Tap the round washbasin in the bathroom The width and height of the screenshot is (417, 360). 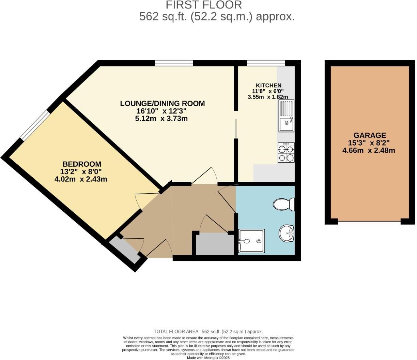point(287,234)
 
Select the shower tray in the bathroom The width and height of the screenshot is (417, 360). point(251,241)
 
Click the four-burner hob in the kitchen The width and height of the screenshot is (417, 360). point(286,152)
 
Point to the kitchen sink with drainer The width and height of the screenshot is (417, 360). point(286,116)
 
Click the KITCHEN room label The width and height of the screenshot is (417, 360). point(268,85)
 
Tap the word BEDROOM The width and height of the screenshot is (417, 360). point(81,164)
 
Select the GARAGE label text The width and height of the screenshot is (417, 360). point(369,135)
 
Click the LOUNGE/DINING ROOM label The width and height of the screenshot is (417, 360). point(162,103)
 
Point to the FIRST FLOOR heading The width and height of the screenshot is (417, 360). point(204,5)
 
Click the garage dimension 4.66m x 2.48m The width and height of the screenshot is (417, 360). point(369,150)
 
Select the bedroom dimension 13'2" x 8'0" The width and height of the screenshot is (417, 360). point(81,171)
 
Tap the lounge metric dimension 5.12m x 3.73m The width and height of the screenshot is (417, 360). point(161,119)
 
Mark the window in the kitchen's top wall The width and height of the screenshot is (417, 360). point(266,63)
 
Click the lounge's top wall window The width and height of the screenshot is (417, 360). point(174,63)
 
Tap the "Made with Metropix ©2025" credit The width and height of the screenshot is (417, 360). point(208,358)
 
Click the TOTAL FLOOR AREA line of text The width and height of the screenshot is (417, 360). point(208,331)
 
